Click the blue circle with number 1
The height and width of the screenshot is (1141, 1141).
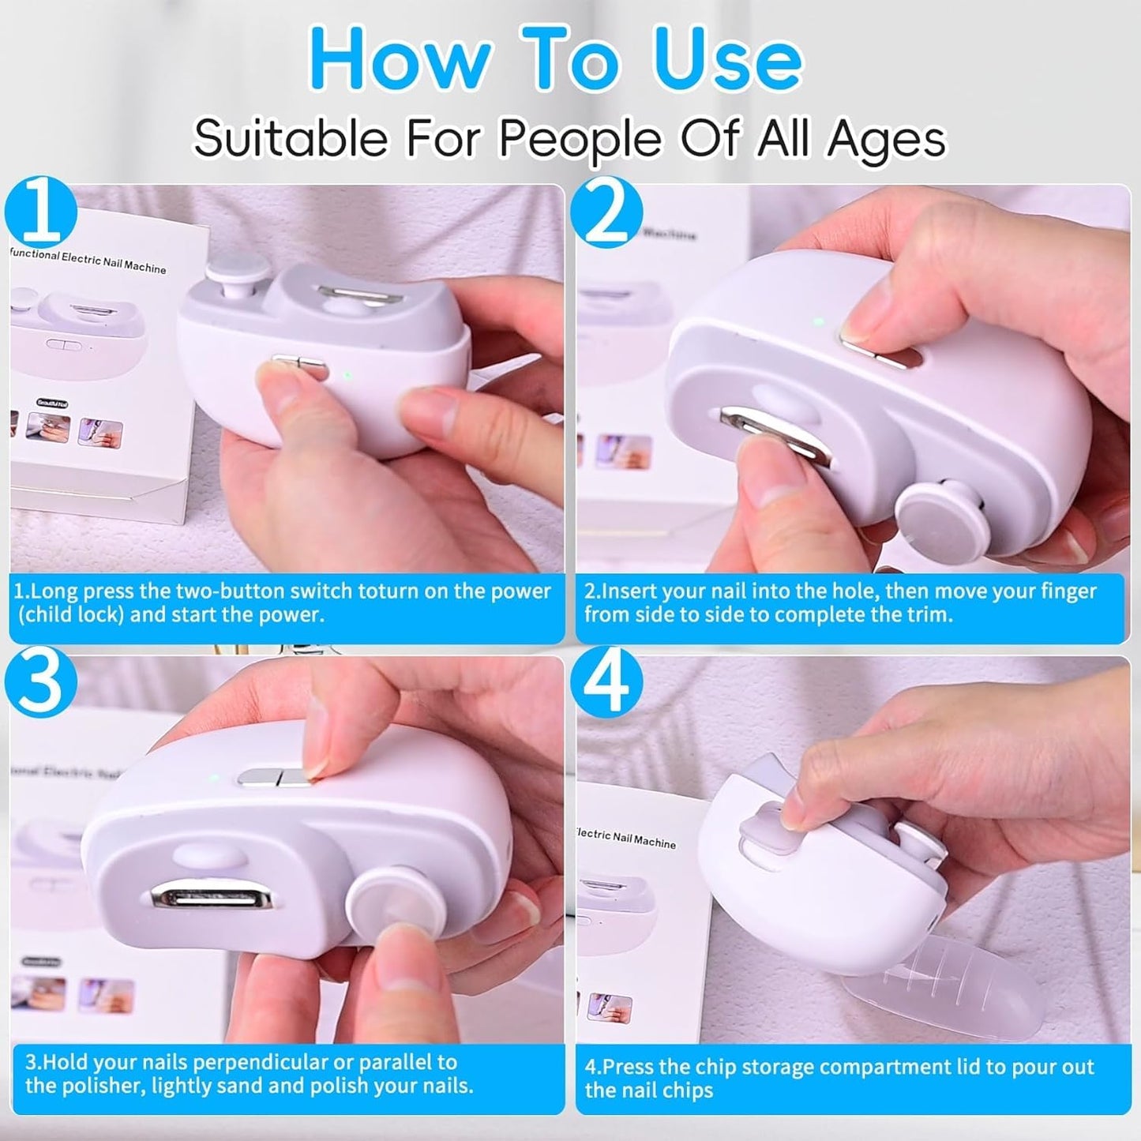[41, 213]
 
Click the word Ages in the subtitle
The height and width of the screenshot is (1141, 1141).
[886, 140]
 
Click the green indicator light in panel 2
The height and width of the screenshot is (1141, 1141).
[819, 322]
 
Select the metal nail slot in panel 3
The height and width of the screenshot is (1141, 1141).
[212, 899]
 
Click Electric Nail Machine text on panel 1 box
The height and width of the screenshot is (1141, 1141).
[114, 262]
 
